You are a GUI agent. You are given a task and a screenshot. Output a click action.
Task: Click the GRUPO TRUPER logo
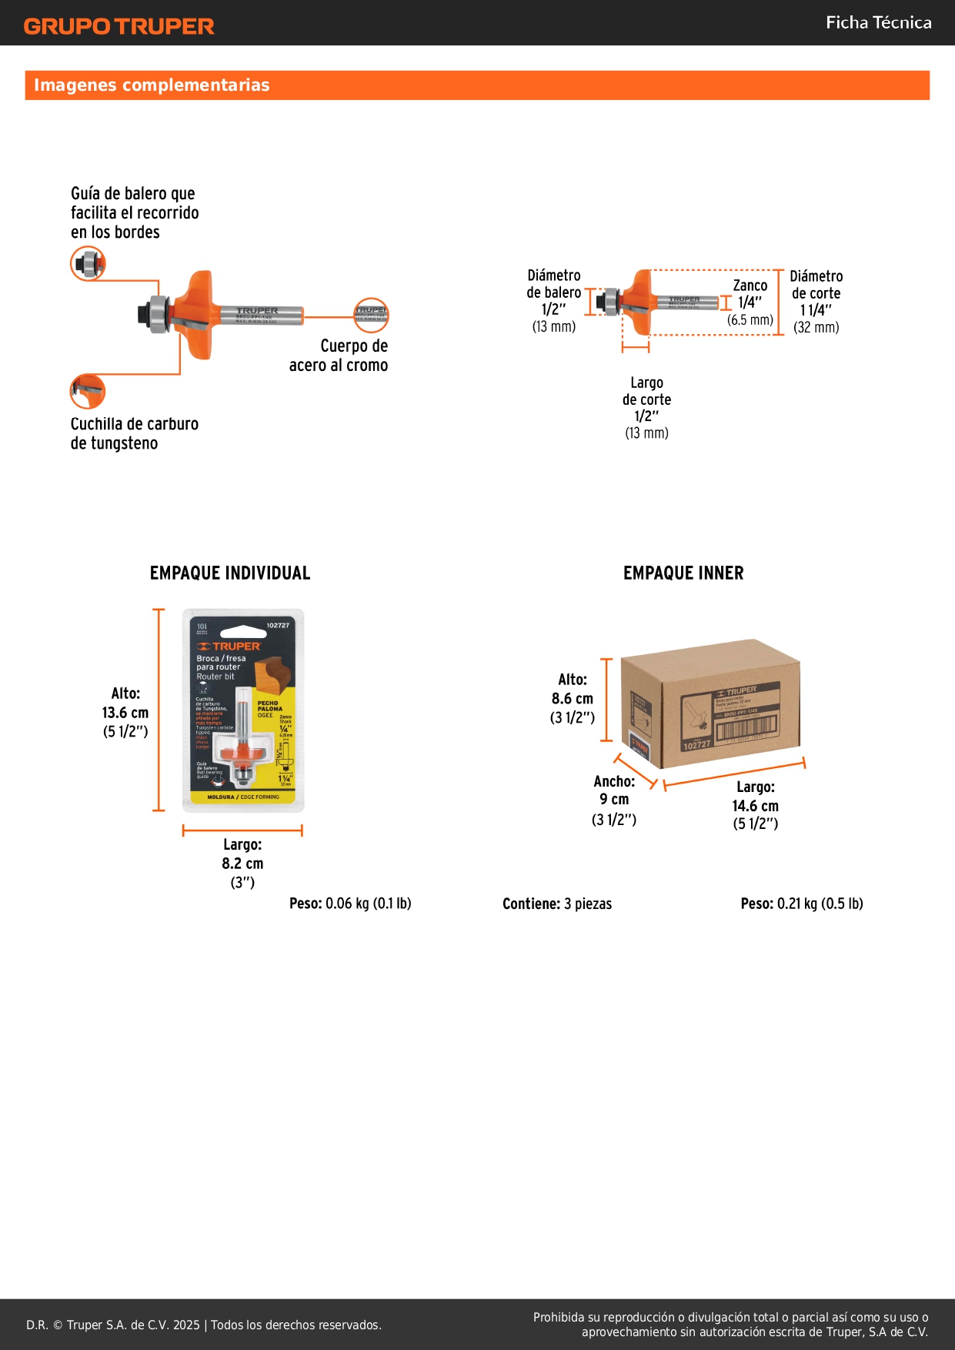(x=119, y=26)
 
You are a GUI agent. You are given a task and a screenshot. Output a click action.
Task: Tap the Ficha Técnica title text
(x=878, y=22)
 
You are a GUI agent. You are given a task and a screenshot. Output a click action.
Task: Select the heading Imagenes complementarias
(x=152, y=85)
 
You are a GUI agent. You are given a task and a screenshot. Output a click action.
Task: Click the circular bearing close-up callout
(x=88, y=264)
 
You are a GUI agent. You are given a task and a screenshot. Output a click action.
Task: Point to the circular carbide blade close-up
(x=88, y=391)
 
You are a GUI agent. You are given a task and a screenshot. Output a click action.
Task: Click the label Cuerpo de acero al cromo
(x=339, y=356)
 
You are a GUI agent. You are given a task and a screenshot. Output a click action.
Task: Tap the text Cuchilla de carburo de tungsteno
(x=134, y=433)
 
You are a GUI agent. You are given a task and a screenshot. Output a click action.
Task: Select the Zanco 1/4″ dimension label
(x=750, y=302)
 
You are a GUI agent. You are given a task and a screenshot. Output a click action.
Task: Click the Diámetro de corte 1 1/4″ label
(x=816, y=301)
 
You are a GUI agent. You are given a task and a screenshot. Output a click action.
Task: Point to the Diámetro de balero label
(x=553, y=300)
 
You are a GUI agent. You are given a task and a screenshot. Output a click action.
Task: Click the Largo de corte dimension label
(x=646, y=407)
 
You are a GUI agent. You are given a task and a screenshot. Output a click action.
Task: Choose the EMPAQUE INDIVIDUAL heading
(x=230, y=573)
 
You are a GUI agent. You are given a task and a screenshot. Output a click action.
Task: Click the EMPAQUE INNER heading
(x=683, y=573)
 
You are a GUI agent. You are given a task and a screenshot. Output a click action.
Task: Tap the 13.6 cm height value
(x=125, y=713)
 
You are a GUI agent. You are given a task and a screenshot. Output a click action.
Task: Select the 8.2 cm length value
(x=242, y=864)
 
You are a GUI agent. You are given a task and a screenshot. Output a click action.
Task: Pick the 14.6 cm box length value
(x=755, y=806)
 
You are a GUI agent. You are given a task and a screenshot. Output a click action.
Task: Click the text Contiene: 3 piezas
(x=557, y=904)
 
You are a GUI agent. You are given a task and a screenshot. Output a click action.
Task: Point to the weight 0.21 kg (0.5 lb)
(x=802, y=904)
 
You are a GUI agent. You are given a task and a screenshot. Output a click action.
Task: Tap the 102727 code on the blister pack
(x=278, y=626)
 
